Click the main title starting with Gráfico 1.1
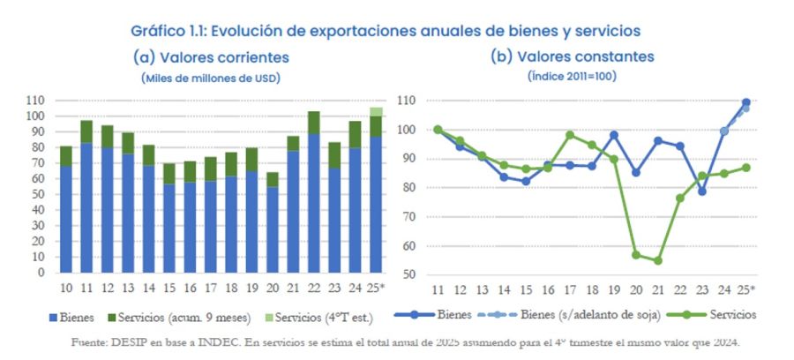pos(385,30)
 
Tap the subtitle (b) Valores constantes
pos(572,57)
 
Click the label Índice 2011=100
pos(572,77)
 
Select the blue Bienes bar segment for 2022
pos(313,203)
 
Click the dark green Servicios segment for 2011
pos(86,131)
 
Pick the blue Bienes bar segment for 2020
pos(273,229)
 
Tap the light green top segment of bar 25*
pos(376,112)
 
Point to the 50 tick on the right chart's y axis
pos(407,275)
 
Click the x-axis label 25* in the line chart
pos(746,289)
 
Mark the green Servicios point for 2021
pos(657,260)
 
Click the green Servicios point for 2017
pos(570,135)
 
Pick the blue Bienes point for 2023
pos(702,191)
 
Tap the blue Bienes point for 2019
pos(614,135)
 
